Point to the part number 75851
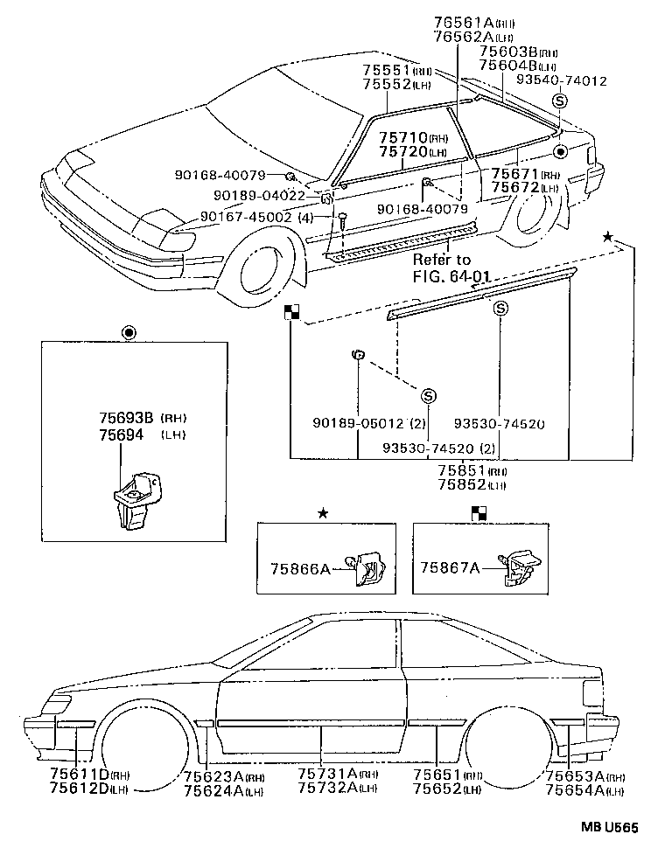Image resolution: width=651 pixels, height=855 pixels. click(x=460, y=470)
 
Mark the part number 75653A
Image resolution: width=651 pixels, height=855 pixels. click(x=574, y=775)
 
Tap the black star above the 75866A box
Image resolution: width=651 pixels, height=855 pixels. click(x=323, y=513)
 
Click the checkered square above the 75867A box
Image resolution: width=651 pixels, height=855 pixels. click(x=479, y=513)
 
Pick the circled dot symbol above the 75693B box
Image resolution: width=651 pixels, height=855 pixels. click(x=129, y=333)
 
